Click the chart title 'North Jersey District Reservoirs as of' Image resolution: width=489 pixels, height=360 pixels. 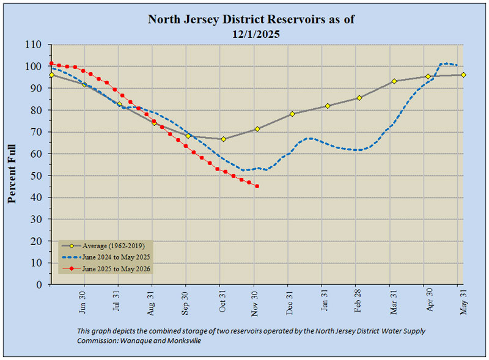[251, 20]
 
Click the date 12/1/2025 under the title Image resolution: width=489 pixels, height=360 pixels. [251, 34]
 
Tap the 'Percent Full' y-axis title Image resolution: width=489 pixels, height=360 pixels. [12, 165]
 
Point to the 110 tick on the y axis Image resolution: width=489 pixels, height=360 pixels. [39, 45]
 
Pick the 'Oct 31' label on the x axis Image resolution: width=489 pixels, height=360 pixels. [224, 301]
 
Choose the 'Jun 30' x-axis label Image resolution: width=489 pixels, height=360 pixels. [83, 301]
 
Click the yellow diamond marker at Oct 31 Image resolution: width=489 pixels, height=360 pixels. [224, 139]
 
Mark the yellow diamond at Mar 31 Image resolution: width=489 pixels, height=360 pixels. [394, 81]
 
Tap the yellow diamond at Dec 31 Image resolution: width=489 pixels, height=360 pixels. [292, 114]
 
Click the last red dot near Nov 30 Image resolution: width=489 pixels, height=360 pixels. [257, 186]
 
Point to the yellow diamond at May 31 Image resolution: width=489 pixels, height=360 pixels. [463, 75]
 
